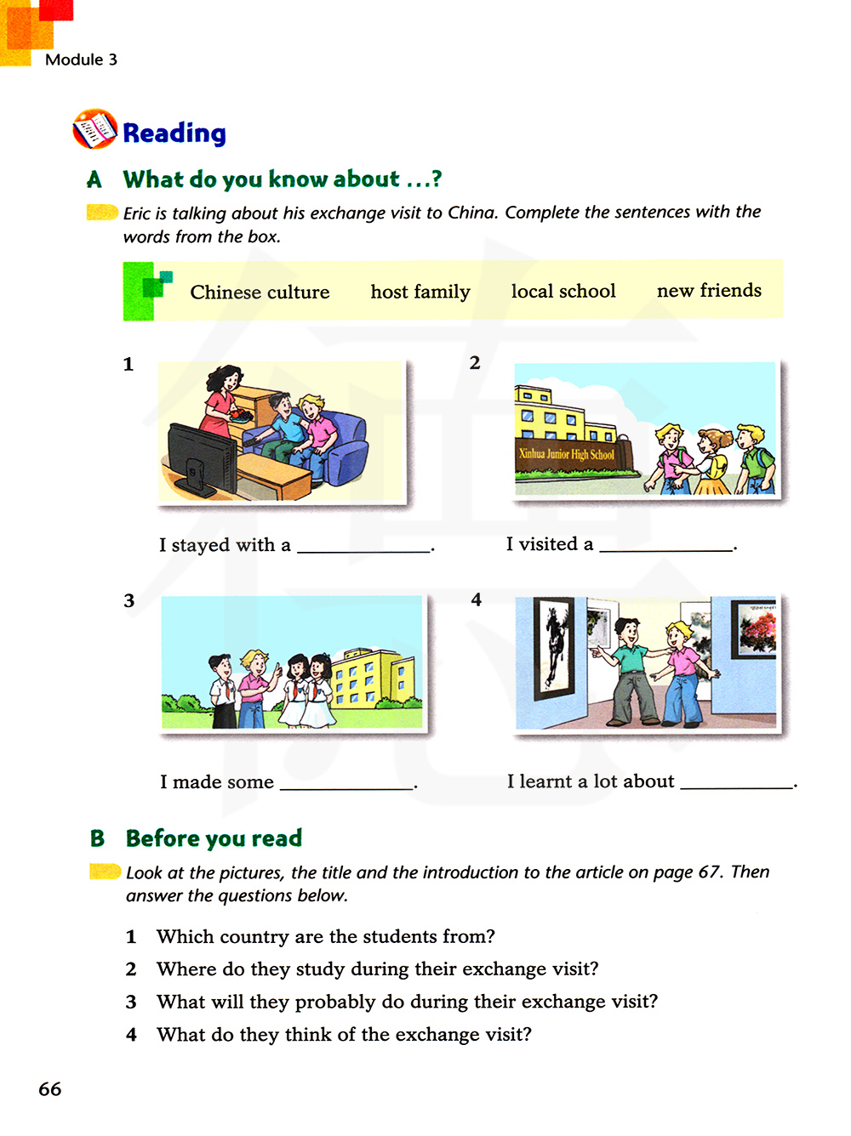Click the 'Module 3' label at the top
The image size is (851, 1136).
click(81, 60)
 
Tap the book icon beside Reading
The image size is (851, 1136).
click(94, 129)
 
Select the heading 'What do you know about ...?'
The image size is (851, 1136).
click(282, 179)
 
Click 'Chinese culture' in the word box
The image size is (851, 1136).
click(260, 293)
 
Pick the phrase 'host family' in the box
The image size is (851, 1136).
click(420, 293)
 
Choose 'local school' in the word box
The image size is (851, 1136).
click(563, 292)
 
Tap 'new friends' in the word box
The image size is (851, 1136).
click(709, 291)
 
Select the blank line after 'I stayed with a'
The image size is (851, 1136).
click(363, 551)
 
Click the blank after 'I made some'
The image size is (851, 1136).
click(346, 788)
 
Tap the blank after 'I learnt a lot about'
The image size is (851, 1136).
click(736, 787)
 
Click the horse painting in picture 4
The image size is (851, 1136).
click(553, 646)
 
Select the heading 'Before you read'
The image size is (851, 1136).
click(214, 838)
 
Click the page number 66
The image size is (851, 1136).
click(50, 1089)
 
